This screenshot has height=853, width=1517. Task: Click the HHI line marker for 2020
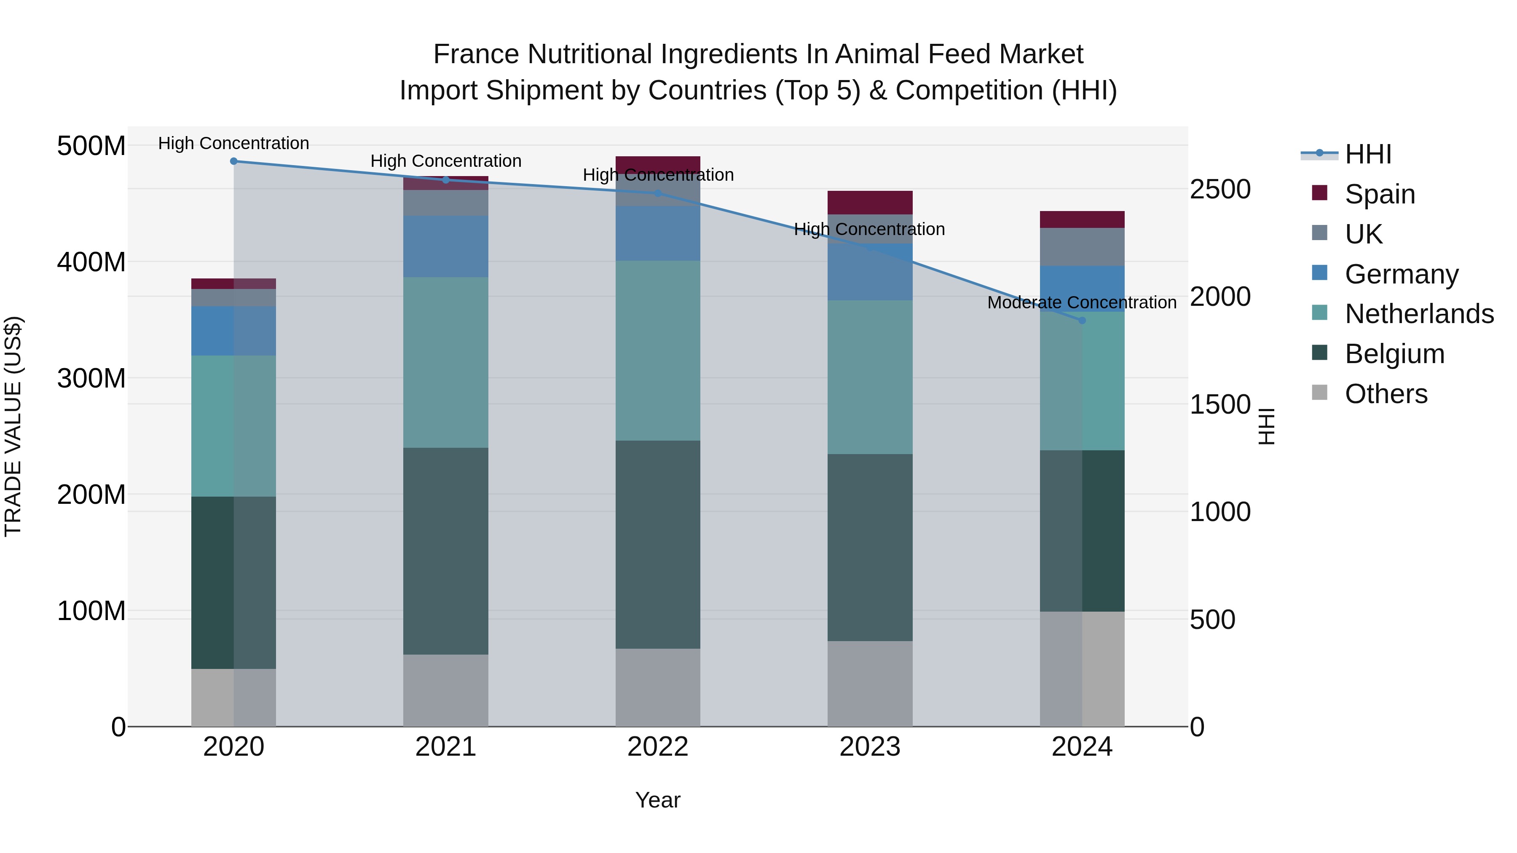pos(234,161)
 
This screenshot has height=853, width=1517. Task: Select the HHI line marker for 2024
pos(1082,320)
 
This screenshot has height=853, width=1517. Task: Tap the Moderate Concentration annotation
pos(1082,302)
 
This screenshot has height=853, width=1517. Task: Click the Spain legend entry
pos(1379,194)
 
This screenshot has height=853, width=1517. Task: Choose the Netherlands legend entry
pos(1419,314)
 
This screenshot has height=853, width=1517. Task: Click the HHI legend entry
pos(1367,154)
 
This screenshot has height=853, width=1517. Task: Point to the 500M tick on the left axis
pos(91,146)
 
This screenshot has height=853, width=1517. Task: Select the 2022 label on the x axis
pos(658,747)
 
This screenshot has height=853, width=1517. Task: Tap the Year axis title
pos(658,800)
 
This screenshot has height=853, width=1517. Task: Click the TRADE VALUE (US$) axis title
pos(13,426)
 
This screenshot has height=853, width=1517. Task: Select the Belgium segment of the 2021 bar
pos(446,551)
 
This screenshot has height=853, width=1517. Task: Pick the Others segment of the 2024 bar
pos(1082,669)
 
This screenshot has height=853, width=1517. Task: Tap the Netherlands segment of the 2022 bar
pos(658,350)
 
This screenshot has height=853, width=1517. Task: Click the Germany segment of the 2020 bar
pos(234,330)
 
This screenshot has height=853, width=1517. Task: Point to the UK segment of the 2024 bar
pos(1082,247)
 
